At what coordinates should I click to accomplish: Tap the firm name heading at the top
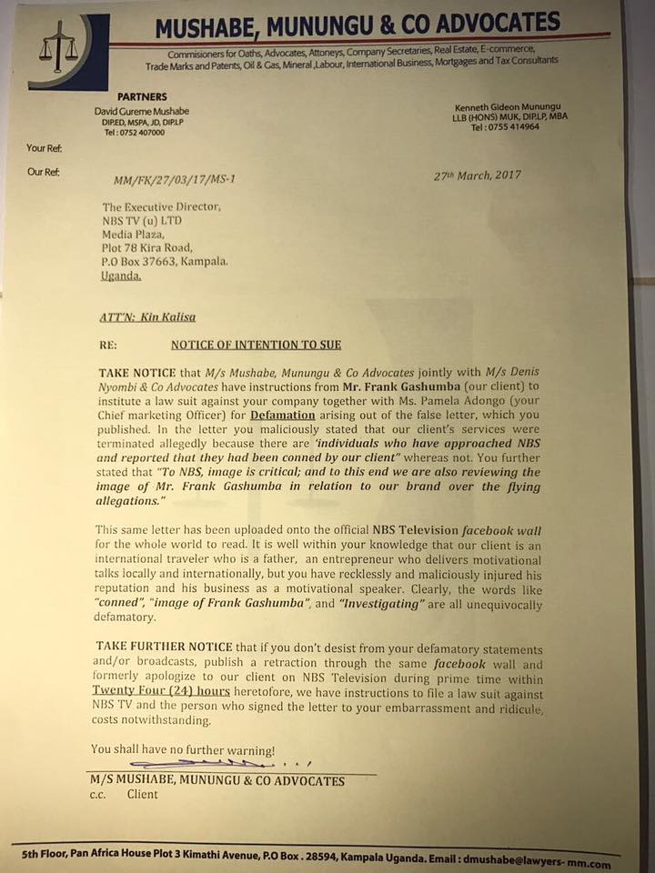pos(357,26)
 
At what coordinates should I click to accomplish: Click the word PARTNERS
pos(144,95)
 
